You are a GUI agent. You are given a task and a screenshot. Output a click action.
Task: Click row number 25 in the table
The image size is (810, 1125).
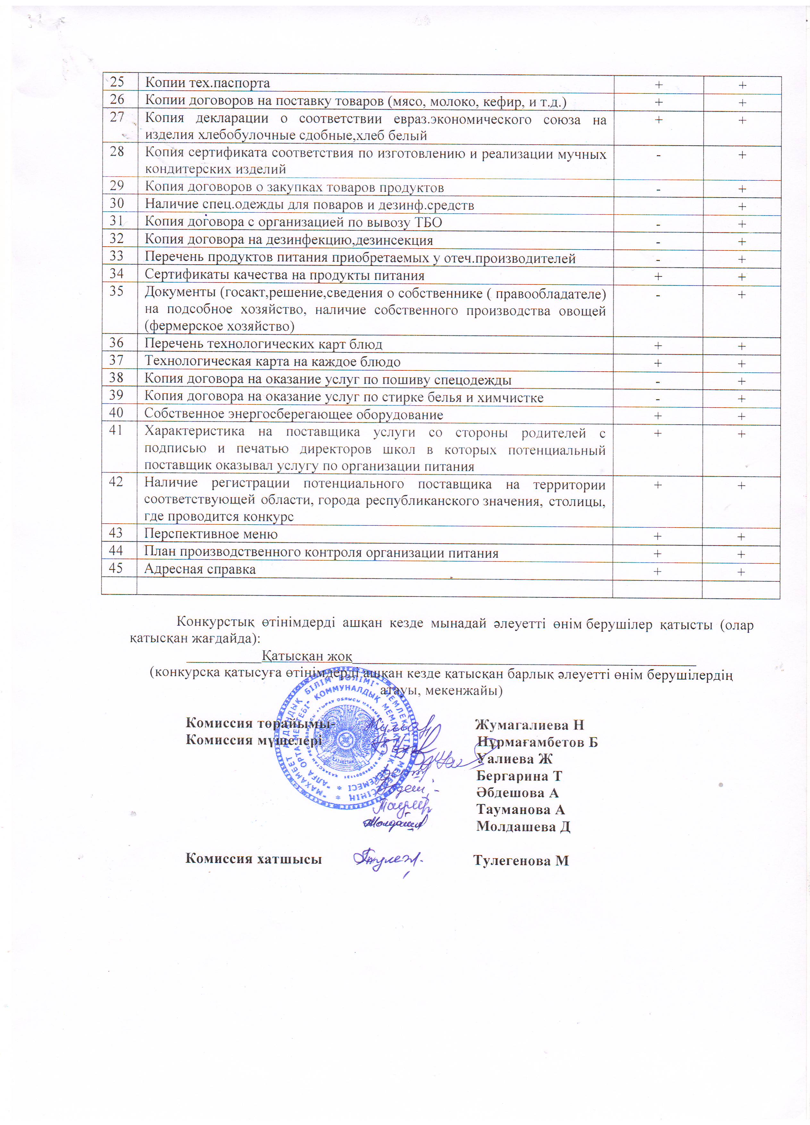click(x=117, y=82)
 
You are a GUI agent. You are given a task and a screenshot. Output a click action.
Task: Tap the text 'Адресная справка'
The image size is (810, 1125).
click(x=200, y=570)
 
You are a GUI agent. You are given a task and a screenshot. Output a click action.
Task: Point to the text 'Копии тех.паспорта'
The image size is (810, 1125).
click(x=207, y=83)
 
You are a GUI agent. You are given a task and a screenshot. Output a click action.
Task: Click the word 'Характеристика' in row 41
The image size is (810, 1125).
click(x=194, y=432)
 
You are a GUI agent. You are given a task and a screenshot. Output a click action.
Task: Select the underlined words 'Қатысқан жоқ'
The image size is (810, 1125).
click(x=307, y=656)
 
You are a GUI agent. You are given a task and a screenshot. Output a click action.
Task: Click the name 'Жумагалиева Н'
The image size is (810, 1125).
click(x=529, y=725)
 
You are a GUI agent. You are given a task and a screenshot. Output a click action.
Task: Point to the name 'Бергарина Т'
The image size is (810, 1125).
click(x=519, y=776)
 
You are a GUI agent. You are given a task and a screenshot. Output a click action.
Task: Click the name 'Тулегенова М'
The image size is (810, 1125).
click(x=521, y=861)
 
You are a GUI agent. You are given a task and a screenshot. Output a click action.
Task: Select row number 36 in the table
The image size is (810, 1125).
click(x=117, y=343)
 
